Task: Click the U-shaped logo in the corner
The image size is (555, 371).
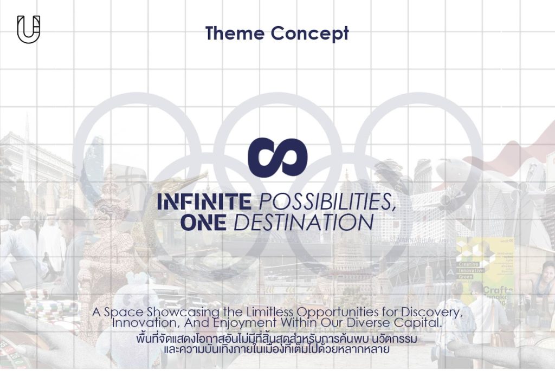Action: click(29, 29)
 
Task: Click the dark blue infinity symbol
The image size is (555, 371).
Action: click(277, 158)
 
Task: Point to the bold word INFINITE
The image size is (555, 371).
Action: click(204, 202)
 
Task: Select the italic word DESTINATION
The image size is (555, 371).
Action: click(307, 222)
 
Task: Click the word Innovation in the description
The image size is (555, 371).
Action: click(144, 323)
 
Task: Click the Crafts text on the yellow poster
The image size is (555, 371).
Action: click(497, 291)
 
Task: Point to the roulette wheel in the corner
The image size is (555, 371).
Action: click(14, 347)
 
